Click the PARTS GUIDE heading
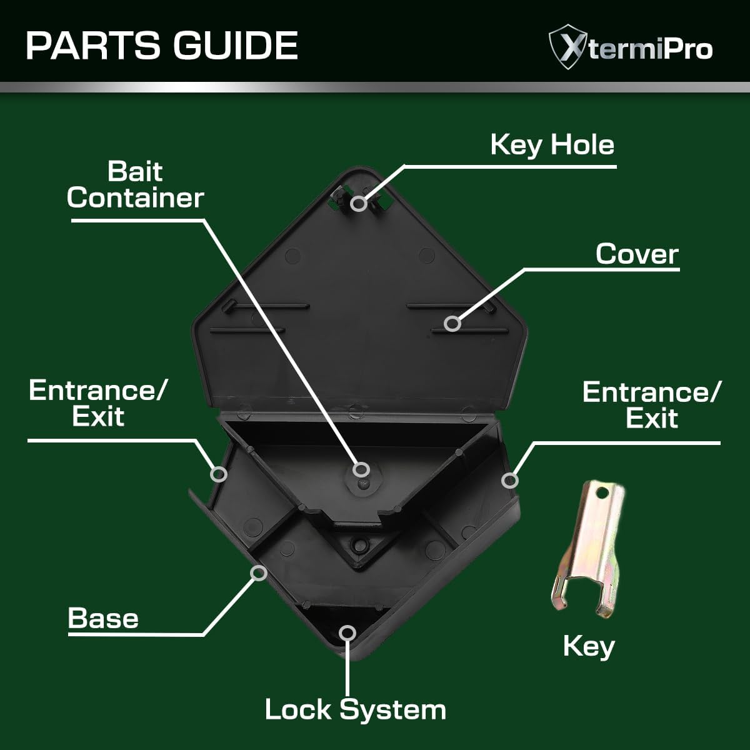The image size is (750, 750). pyautogui.click(x=162, y=46)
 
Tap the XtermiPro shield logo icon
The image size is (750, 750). pyautogui.click(x=568, y=47)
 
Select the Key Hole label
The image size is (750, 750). pyautogui.click(x=552, y=145)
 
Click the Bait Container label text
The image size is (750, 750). pyautogui.click(x=135, y=184)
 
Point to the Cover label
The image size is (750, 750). pyautogui.click(x=637, y=254)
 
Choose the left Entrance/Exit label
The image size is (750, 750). pyautogui.click(x=97, y=403)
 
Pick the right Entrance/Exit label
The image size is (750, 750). pyautogui.click(x=651, y=405)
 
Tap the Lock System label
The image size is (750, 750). pyautogui.click(x=356, y=710)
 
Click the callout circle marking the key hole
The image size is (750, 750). pyautogui.click(x=359, y=203)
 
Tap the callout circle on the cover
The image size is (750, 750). pyautogui.click(x=452, y=323)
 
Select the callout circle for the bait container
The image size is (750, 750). pyautogui.click(x=361, y=469)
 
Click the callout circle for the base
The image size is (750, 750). pyautogui.click(x=258, y=573)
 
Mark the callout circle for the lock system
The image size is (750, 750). pyautogui.click(x=347, y=633)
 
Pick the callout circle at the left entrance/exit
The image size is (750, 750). pyautogui.click(x=219, y=474)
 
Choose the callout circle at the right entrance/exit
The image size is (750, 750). pyautogui.click(x=510, y=481)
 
